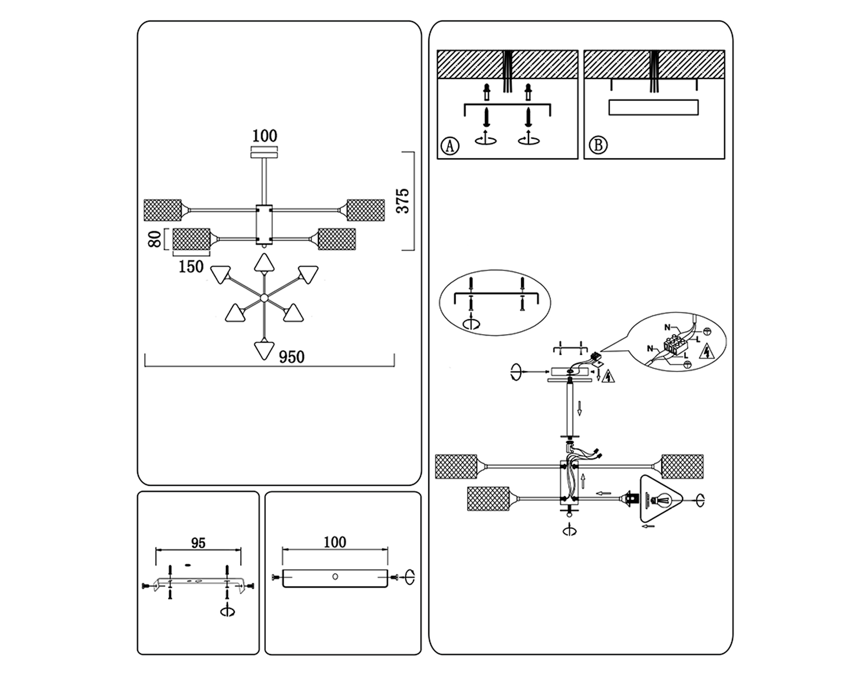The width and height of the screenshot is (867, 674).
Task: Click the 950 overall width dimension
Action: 291,357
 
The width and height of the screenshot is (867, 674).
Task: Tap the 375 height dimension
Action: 403,201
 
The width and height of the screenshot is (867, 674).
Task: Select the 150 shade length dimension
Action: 191,267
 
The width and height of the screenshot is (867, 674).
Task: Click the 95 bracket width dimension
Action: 198,543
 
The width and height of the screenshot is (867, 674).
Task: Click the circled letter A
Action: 450,145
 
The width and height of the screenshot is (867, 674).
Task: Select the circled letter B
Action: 598,145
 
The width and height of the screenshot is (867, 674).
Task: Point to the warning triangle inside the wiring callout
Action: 706,351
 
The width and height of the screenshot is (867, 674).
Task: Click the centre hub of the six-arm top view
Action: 264,298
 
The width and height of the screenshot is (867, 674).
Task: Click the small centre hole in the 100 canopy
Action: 335,577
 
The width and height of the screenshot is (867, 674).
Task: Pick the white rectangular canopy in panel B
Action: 653,107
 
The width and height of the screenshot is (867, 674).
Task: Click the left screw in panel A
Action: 486,117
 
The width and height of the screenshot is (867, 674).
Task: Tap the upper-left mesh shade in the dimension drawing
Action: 163,210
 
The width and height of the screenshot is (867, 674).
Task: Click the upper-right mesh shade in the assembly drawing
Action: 682,466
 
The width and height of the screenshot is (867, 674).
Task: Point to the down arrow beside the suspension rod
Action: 579,408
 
